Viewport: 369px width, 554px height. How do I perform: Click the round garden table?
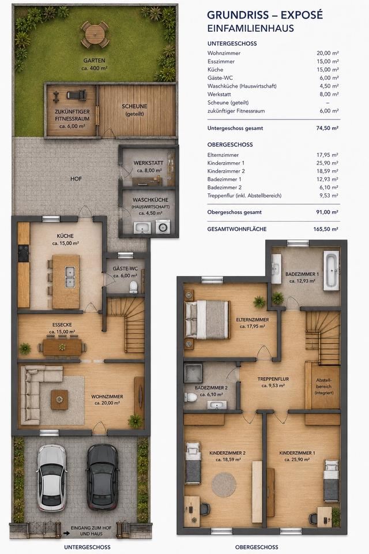pyautogui.click(x=95, y=34)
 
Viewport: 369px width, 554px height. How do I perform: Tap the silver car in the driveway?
pyautogui.click(x=52, y=478)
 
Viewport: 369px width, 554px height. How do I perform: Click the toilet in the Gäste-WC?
pyautogui.click(x=134, y=287)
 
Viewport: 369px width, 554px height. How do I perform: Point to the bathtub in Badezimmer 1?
pyautogui.click(x=331, y=270)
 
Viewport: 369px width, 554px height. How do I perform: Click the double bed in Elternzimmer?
pyautogui.click(x=208, y=319)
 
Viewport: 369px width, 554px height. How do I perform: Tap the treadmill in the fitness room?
pyautogui.click(x=77, y=95)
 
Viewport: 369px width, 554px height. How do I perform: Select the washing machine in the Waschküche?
pyautogui.click(x=163, y=227)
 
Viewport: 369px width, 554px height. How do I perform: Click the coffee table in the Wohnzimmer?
pyautogui.click(x=59, y=399)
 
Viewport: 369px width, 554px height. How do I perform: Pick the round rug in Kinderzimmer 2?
pyautogui.click(x=224, y=484)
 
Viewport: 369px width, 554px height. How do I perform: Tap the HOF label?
pyautogui.click(x=76, y=179)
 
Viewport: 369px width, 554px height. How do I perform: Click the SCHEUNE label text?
pyautogui.click(x=134, y=106)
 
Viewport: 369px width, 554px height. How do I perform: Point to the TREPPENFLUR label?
pyautogui.click(x=273, y=379)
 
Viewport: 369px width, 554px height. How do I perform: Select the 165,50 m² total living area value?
pyautogui.click(x=326, y=229)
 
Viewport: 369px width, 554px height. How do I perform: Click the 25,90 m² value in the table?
pyautogui.click(x=327, y=163)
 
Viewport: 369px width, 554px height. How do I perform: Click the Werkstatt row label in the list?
pyautogui.click(x=219, y=94)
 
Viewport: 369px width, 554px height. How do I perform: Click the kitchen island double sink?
pyautogui.click(x=70, y=276)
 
